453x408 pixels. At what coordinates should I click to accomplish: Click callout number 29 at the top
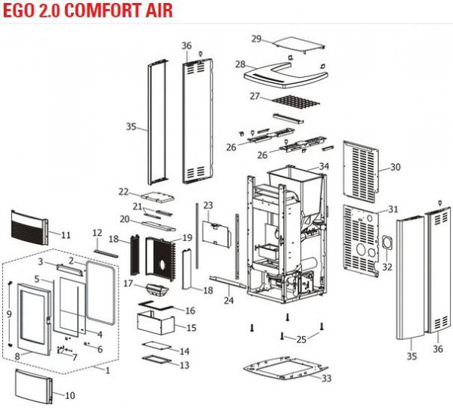tap(256, 39)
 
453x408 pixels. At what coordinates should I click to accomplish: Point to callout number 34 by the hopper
tap(324, 165)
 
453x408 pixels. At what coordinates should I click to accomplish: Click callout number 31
tap(393, 209)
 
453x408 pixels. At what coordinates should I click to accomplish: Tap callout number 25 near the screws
tap(301, 338)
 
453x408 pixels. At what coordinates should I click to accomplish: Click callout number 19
tap(187, 238)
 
